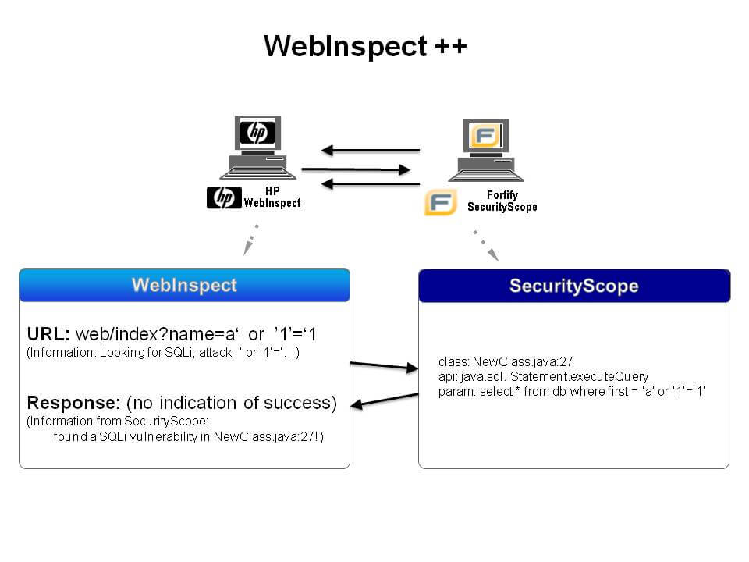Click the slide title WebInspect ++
coord(365,46)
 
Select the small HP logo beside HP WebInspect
coord(224,198)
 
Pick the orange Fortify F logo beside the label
coord(440,201)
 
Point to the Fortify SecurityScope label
coord(502,201)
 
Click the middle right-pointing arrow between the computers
coord(356,169)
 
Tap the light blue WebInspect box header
coord(184,285)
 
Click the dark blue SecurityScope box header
coord(573,286)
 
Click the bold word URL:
coord(49,335)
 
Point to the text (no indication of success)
coord(231,403)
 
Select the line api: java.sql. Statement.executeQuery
coord(543,377)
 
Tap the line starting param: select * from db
coord(571,391)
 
